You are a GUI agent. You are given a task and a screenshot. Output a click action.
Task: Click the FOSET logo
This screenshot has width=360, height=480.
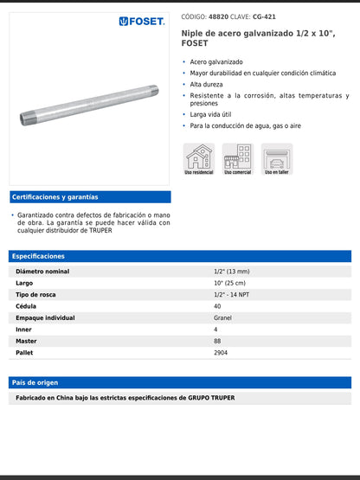142,21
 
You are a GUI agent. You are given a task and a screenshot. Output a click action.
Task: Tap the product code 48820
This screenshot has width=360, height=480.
218,16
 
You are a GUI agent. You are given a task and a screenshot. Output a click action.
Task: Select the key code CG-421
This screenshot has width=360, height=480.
264,16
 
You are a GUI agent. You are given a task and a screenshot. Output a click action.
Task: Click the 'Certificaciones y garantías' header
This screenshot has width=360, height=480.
55,197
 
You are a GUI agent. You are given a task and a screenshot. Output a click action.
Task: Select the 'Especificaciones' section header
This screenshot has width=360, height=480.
39,256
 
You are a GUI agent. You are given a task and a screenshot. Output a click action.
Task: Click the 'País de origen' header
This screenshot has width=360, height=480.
35,381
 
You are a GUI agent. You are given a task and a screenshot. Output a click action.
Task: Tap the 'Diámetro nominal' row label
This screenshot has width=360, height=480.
42,272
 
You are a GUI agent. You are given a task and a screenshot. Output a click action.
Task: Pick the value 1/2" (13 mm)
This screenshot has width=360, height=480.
232,272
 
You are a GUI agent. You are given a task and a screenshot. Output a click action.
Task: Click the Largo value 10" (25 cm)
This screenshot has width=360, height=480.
229,283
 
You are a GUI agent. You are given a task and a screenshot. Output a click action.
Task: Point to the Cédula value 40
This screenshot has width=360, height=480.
217,306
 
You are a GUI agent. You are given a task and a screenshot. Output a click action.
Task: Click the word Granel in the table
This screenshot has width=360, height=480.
222,317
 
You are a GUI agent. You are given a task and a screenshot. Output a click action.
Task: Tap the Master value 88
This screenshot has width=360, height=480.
217,341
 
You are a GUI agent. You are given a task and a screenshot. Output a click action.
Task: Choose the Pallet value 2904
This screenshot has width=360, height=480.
221,352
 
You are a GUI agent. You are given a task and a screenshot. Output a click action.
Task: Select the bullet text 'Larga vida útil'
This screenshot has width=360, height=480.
212,114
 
